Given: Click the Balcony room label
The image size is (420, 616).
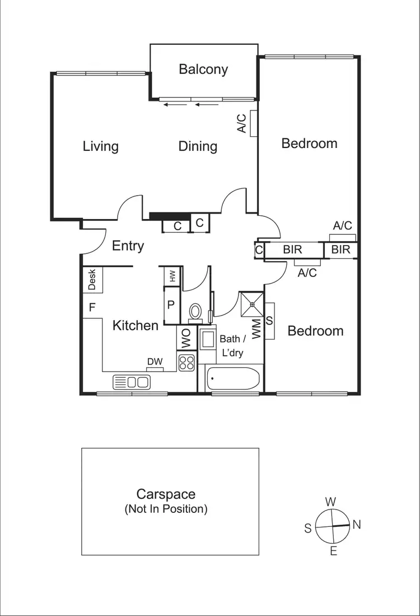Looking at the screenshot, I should pos(203,70).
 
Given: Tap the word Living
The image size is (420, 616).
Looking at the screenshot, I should pos(101,146).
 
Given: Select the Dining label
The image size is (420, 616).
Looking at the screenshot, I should pos(198,146).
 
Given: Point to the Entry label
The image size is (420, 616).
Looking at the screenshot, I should pos(128,246).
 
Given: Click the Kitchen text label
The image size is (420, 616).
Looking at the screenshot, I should pos(136,325).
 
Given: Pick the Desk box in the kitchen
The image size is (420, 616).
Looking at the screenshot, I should pos(92,280).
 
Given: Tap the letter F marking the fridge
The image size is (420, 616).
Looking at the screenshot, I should pos(92,307).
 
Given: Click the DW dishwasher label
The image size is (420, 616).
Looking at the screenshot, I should pos(155,362).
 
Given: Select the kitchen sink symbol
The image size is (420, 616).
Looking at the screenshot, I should pos(132,382).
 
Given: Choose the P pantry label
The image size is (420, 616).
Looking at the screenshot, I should pos(171,305).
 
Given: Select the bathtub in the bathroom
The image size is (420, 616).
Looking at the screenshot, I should pos(232,379).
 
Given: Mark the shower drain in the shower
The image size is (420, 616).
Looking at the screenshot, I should pos(252,304).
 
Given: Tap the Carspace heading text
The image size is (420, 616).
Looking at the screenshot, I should pos(166,494).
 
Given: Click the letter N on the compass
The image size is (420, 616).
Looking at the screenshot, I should pos(357,525).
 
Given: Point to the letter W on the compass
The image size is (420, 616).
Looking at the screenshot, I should pos(331,501).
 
